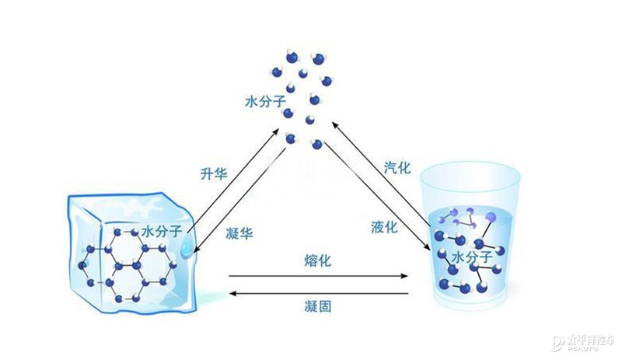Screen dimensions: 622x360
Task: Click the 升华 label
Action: tap(213, 174)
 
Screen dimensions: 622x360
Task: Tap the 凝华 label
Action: tap(239, 233)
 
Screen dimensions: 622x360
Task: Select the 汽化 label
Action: tap(397, 167)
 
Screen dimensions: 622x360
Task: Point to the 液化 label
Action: tap(384, 227)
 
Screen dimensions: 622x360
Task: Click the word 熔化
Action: tap(317, 260)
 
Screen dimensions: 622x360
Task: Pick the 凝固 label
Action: tap(318, 306)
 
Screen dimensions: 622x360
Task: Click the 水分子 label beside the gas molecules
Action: tap(265, 101)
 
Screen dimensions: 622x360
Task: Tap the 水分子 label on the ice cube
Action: tap(162, 231)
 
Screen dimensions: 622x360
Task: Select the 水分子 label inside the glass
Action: tap(472, 257)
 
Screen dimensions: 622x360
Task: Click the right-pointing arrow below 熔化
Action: tap(319, 276)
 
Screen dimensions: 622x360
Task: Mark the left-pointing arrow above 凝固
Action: tap(320, 294)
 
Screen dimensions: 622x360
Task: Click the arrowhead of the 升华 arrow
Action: tap(276, 131)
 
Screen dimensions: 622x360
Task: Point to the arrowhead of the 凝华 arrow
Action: tap(197, 249)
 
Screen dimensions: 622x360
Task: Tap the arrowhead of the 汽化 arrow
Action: tap(335, 125)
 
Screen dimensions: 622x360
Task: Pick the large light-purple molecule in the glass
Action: tap(491, 217)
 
